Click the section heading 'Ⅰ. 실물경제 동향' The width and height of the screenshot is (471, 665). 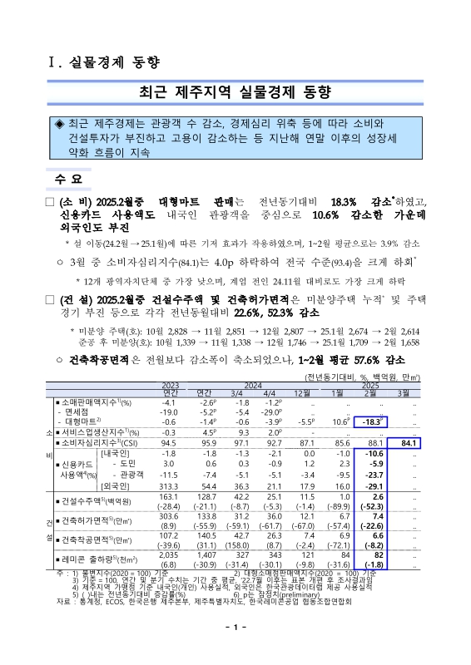101,63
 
